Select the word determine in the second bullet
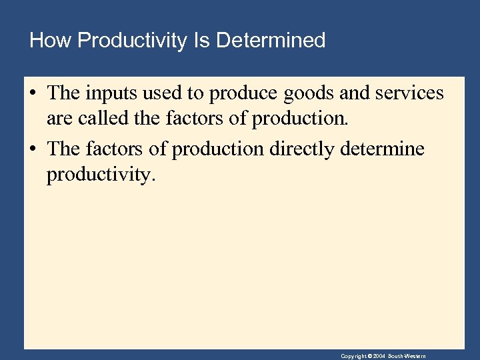(382, 149)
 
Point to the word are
(59, 120)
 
